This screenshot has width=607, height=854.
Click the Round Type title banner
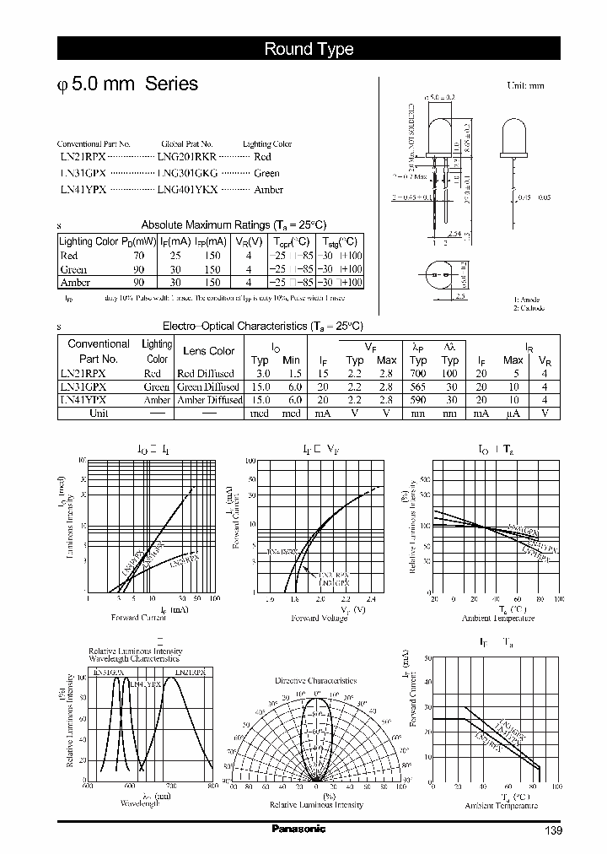[309, 49]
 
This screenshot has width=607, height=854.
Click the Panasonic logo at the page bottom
[298, 830]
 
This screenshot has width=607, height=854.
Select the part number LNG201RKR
[186, 157]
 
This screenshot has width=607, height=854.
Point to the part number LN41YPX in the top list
[83, 190]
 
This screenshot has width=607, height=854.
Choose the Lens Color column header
[208, 351]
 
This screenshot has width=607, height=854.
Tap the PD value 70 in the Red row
[138, 255]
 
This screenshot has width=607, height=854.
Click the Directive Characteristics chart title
[315, 680]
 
